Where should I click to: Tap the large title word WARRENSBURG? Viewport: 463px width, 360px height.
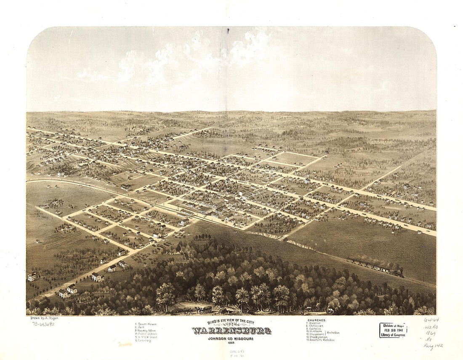pyautogui.click(x=231, y=331)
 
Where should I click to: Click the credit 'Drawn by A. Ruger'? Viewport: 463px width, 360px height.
pyautogui.click(x=44, y=318)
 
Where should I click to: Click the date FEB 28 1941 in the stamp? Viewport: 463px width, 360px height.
pyautogui.click(x=393, y=329)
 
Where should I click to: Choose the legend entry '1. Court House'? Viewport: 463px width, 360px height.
pyautogui.click(x=146, y=324)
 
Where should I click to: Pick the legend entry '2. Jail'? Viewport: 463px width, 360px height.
pyautogui.click(x=140, y=327)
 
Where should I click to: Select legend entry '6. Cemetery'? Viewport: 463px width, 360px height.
pyautogui.click(x=143, y=340)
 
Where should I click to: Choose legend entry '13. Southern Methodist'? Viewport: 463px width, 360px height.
pyautogui.click(x=321, y=340)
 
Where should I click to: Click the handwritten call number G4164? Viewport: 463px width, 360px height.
pyautogui.click(x=431, y=320)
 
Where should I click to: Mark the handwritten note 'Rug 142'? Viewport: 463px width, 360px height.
pyautogui.click(x=433, y=347)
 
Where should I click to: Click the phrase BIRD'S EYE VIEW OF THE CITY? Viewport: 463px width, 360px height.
pyautogui.click(x=231, y=322)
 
